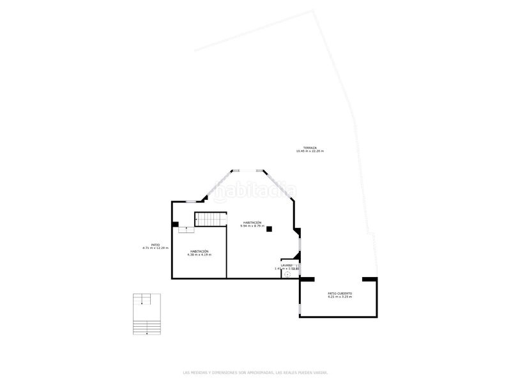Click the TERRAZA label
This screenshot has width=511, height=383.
(x=310, y=147)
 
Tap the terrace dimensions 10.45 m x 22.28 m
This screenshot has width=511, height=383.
(x=310, y=151)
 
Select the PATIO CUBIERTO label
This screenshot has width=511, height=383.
(x=340, y=293)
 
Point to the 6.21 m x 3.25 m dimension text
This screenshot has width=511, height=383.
(x=340, y=297)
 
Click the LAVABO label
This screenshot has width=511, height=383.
(x=286, y=265)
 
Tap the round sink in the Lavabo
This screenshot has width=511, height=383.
(x=287, y=274)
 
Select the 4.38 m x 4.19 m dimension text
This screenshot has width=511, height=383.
(x=199, y=255)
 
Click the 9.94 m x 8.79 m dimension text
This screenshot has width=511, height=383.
(x=252, y=226)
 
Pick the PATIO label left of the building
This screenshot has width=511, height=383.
(x=155, y=244)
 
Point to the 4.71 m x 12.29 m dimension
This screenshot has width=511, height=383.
(x=155, y=248)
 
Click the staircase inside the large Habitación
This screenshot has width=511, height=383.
(x=210, y=220)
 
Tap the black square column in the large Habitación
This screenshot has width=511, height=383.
(x=270, y=229)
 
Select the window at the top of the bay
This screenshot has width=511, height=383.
(x=247, y=170)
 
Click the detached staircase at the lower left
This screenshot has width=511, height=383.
(x=146, y=313)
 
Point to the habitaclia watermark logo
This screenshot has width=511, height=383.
(x=256, y=190)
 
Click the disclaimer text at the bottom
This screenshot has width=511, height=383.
(x=256, y=372)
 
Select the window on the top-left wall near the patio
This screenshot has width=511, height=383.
(x=190, y=202)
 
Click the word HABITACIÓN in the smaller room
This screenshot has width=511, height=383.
(x=199, y=251)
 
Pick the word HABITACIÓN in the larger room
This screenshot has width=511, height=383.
(x=252, y=222)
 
